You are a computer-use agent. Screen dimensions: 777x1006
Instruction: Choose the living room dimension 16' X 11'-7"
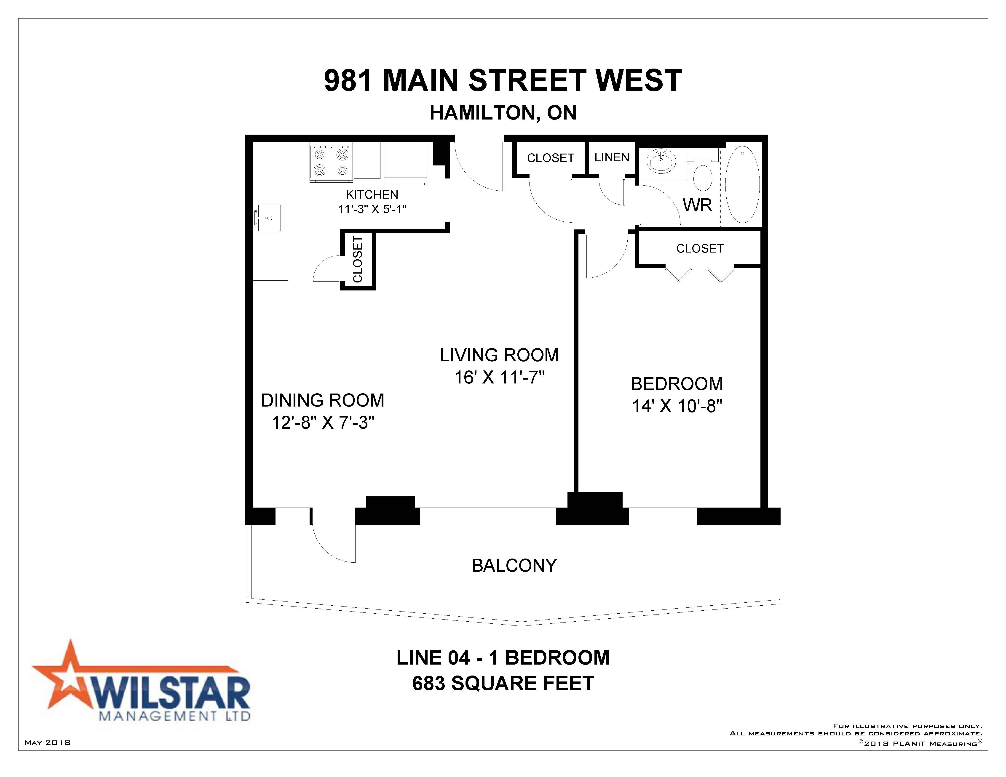tap(499, 378)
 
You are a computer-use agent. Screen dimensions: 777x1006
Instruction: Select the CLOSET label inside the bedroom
tap(700, 249)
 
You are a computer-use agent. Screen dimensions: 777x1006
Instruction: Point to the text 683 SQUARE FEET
tap(503, 684)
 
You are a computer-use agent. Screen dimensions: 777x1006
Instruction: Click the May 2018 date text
tap(48, 742)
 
